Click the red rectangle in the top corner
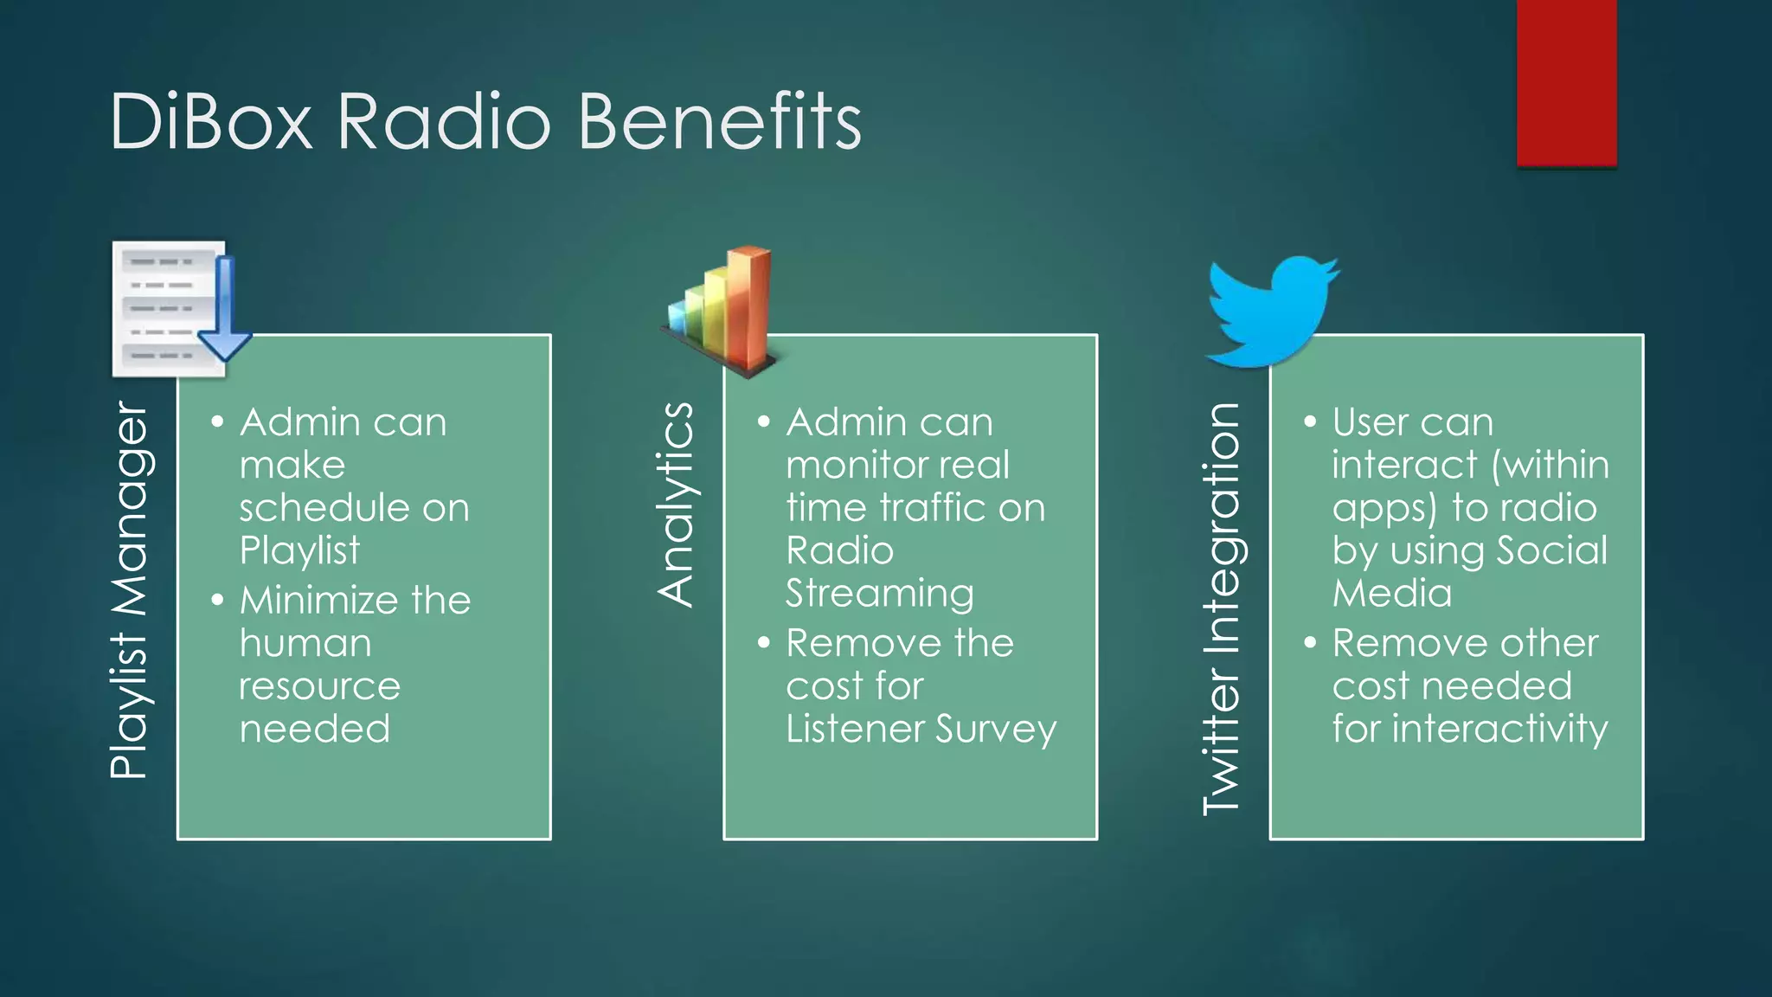pyautogui.click(x=1566, y=82)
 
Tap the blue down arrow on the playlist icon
pyautogui.click(x=224, y=312)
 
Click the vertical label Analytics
pyautogui.click(x=676, y=505)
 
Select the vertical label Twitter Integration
pyautogui.click(x=1222, y=609)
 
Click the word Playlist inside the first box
pyautogui.click(x=299, y=551)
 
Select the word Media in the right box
pyautogui.click(x=1391, y=594)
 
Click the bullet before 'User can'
pyautogui.click(x=1310, y=422)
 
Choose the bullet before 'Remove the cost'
pyautogui.click(x=763, y=643)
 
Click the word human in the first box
pyautogui.click(x=305, y=644)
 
